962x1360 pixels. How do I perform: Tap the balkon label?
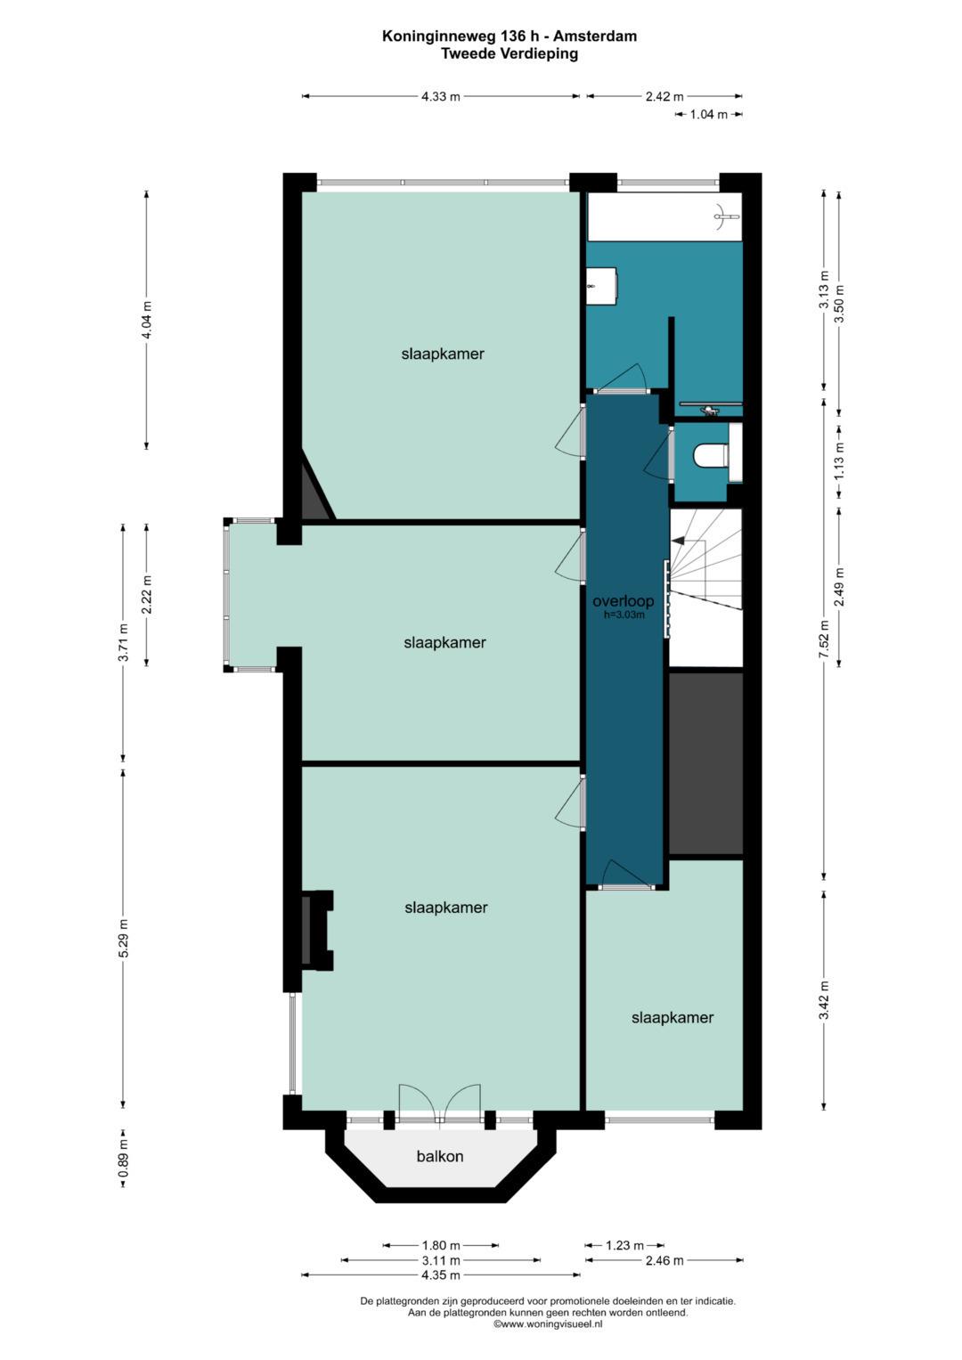[440, 1156]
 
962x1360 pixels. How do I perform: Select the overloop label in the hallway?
[624, 601]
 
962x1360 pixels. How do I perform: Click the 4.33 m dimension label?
[441, 96]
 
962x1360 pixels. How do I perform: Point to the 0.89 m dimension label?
[123, 1158]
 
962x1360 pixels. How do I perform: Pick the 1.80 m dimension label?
[440, 1245]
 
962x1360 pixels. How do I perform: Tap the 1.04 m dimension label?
[708, 114]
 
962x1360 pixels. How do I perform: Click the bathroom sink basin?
[601, 285]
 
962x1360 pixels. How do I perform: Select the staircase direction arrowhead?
[678, 539]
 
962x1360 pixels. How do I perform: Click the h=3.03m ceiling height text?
[624, 615]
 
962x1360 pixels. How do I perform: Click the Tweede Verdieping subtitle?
[509, 53]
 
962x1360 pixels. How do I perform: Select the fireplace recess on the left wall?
[317, 930]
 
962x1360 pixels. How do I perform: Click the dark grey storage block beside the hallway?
[706, 763]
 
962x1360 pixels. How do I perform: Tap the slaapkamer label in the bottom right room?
[673, 1018]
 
